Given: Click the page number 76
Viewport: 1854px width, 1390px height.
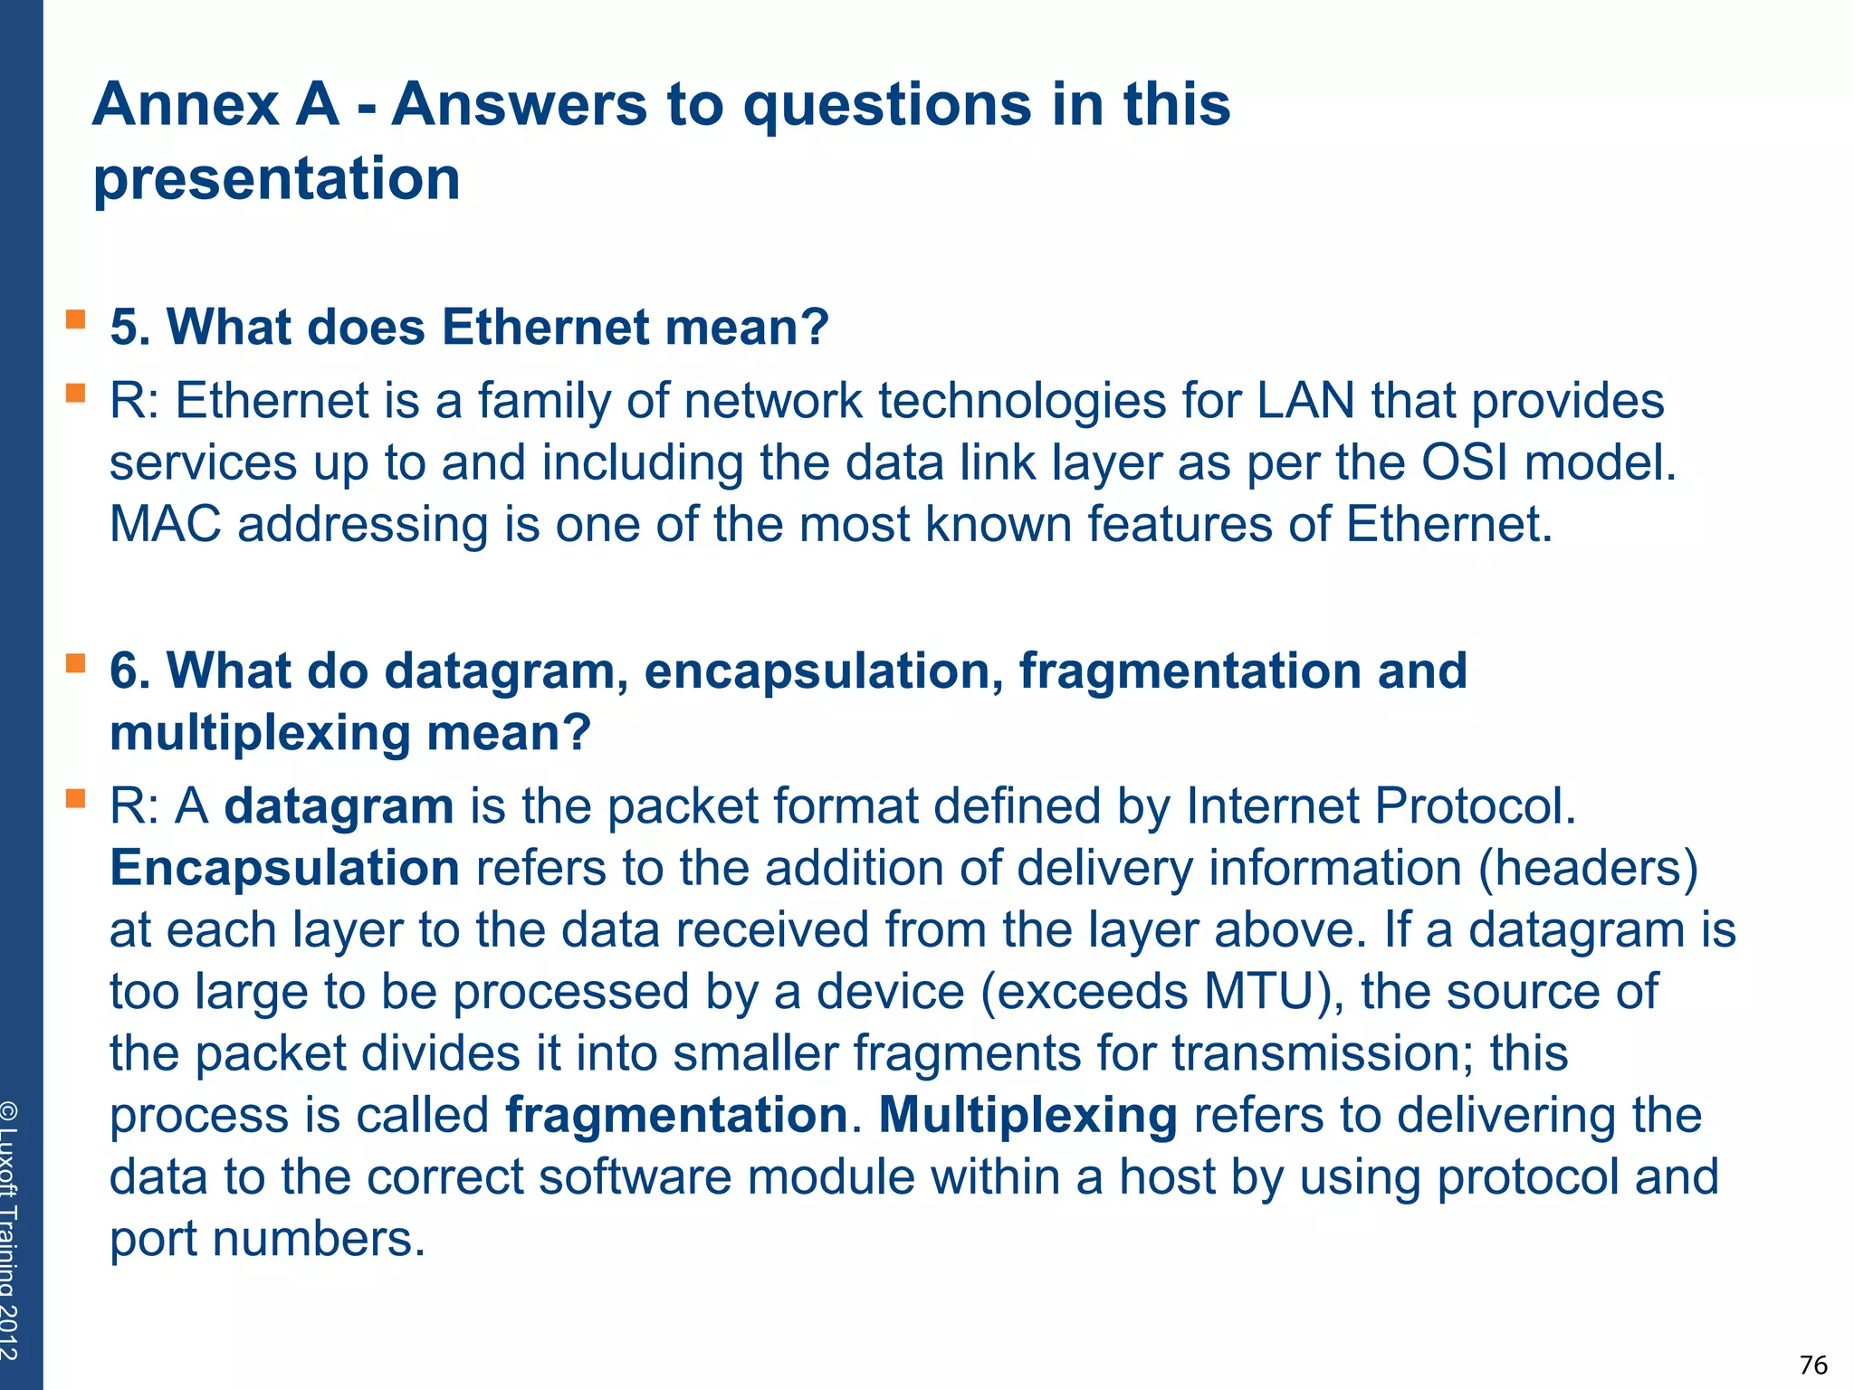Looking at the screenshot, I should [x=1813, y=1364].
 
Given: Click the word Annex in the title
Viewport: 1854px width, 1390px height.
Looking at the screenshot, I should [x=185, y=104].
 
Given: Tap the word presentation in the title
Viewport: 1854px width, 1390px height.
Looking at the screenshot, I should [x=277, y=178].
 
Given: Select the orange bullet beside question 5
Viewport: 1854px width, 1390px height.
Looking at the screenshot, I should [x=75, y=319].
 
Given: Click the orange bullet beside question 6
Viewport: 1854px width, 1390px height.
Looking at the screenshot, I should [x=75, y=663].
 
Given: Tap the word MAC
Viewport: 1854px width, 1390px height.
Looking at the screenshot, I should [x=165, y=524].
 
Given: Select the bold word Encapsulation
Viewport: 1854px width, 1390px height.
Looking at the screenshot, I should [x=284, y=868].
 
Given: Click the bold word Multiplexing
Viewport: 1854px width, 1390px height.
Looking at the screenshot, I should [x=1027, y=1115].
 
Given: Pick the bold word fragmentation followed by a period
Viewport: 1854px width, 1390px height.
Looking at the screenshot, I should [x=676, y=1115].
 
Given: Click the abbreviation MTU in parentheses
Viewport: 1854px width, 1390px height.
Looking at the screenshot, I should [x=1259, y=992].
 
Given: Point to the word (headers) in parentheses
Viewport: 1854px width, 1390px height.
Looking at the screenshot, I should [x=1588, y=868].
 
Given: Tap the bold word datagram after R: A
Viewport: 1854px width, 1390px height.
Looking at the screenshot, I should [x=339, y=806].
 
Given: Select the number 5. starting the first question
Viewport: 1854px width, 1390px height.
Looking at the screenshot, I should [x=130, y=327].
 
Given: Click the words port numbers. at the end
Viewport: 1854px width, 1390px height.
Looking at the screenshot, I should [x=267, y=1239].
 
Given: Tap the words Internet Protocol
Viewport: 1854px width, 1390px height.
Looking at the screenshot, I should [x=1380, y=806].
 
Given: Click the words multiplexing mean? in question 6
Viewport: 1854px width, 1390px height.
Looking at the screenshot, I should [x=349, y=733].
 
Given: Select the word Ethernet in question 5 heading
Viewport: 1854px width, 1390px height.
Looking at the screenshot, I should [x=545, y=327].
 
